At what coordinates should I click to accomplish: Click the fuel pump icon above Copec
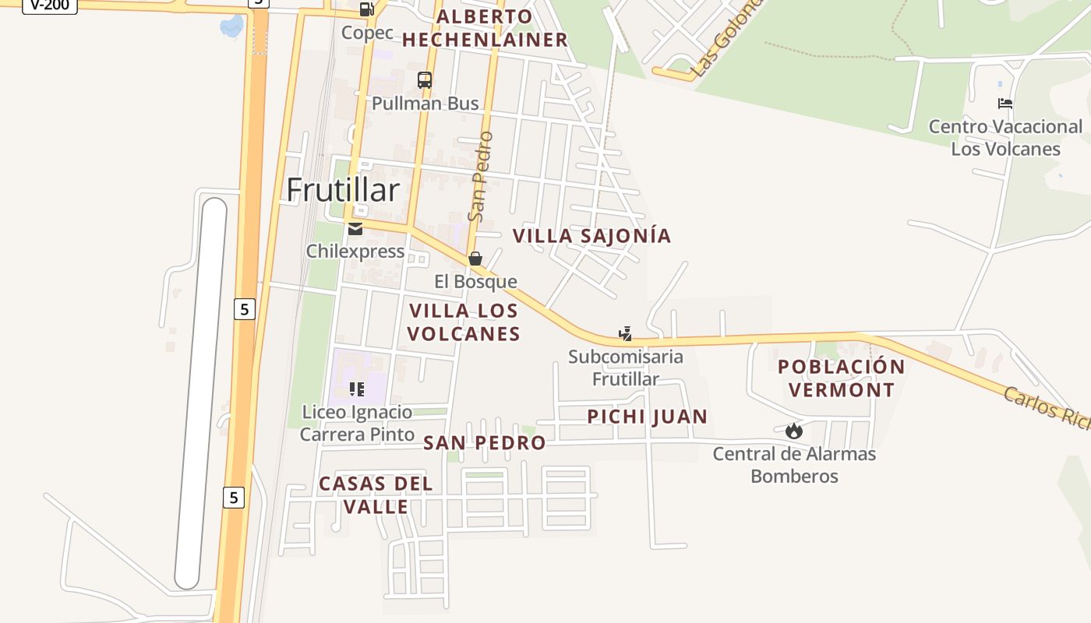pos(366,9)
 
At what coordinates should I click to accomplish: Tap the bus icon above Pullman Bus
pos(425,79)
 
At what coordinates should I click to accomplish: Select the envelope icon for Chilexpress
pos(355,228)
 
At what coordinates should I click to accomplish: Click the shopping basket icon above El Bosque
pos(475,259)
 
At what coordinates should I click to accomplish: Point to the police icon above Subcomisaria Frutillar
pos(625,334)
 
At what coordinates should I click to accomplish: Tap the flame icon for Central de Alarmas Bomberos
pos(794,431)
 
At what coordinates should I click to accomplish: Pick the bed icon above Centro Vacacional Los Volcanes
pos(1005,104)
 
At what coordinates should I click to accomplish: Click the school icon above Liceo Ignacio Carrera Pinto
pos(357,389)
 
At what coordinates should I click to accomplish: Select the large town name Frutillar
pos(343,190)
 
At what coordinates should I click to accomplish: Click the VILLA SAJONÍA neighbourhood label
pos(591,236)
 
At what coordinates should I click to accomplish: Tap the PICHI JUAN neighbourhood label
pos(647,417)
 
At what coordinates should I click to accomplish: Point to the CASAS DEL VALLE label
pos(376,495)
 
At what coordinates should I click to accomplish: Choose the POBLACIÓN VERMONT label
pos(842,378)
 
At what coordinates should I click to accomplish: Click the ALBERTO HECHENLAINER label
pos(485,28)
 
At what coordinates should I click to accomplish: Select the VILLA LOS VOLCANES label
pos(464,322)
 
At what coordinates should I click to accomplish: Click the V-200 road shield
pos(50,5)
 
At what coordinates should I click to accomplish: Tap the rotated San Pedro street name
pos(481,176)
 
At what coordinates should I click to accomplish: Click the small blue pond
pos(231,26)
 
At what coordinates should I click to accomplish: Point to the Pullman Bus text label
pos(425,103)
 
